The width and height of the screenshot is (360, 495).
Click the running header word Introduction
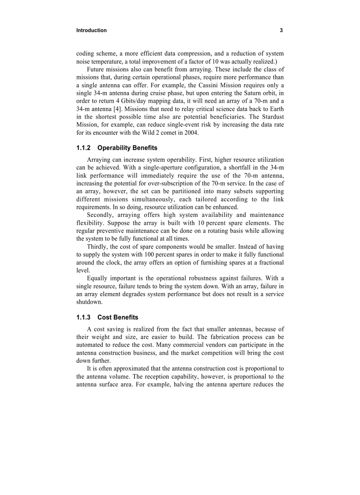point(91,30)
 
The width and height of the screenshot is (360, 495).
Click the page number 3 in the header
point(281,30)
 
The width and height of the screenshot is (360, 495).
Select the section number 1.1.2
point(83,148)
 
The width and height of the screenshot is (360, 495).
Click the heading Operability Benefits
point(127,148)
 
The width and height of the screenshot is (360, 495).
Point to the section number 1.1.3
point(83,317)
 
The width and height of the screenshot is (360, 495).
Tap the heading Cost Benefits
point(118,317)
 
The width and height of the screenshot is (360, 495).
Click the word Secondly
point(100,215)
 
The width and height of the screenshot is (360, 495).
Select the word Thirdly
point(98,247)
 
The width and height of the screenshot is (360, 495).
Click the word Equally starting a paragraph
point(98,279)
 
